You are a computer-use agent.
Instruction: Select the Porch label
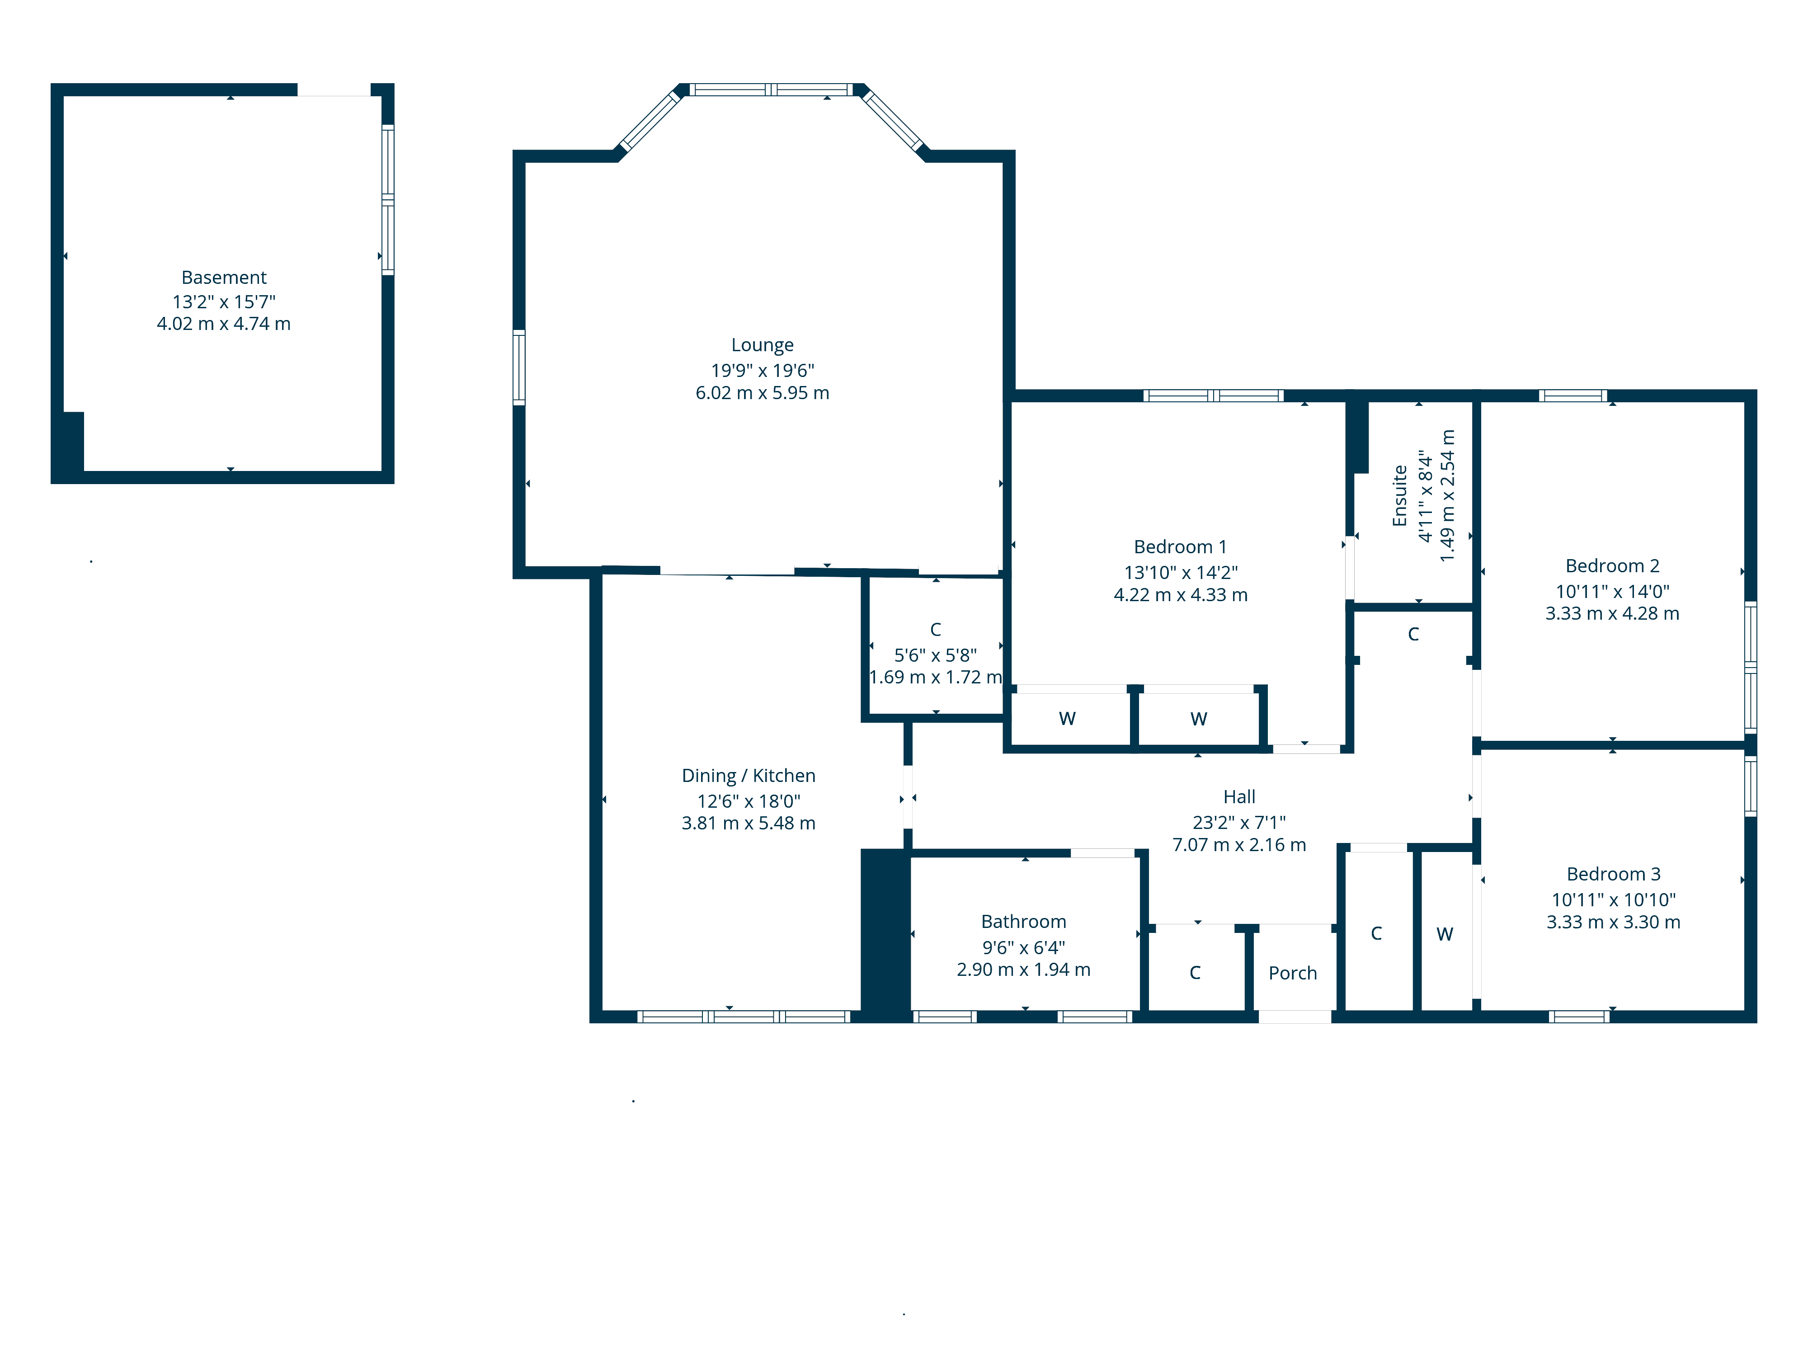[x=1292, y=973]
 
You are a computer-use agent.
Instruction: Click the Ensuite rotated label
[x=1399, y=495]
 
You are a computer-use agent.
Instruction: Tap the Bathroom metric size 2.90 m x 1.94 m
[x=1023, y=970]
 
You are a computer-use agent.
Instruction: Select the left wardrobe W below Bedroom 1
[x=1067, y=719]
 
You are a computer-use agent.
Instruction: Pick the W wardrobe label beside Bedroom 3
[x=1444, y=934]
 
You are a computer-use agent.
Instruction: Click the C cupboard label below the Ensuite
[x=1413, y=634]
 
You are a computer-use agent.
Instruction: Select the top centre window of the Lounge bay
[x=771, y=90]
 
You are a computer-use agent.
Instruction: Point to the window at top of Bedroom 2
[x=1573, y=395]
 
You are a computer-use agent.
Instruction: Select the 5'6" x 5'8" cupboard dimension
[x=935, y=654]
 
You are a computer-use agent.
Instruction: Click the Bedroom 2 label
[x=1612, y=565]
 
